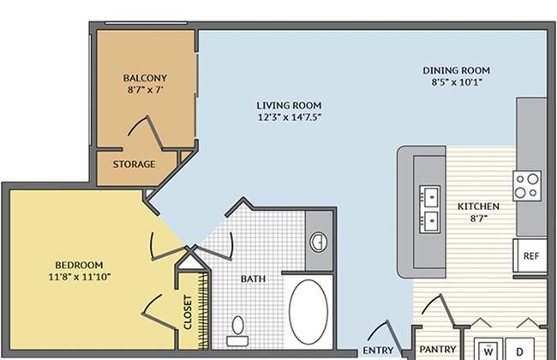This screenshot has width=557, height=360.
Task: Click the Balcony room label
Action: click(x=145, y=78)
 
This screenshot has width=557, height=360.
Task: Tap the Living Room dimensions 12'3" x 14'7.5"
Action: click(x=290, y=117)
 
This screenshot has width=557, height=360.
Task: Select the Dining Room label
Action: click(x=457, y=70)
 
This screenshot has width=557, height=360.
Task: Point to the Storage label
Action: click(x=134, y=165)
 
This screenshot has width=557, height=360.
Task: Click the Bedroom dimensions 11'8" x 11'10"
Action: click(x=80, y=277)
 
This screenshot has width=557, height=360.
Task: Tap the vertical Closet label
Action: click(x=188, y=312)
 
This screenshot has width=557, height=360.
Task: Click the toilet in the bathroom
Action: click(x=237, y=331)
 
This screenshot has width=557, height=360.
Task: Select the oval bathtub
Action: click(x=308, y=312)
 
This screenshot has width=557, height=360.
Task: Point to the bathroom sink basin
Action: click(x=319, y=243)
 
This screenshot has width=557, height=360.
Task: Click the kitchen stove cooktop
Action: click(x=527, y=185)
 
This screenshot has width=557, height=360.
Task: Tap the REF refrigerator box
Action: click(x=530, y=256)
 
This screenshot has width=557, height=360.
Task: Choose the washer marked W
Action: click(x=488, y=349)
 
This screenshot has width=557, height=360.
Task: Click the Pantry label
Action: click(x=438, y=350)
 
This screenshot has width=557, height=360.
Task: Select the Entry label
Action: click(x=378, y=351)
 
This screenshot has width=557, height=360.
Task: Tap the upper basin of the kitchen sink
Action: click(x=430, y=195)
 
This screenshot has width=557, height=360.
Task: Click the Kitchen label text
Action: click(x=478, y=206)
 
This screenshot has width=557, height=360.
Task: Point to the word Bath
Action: click(x=253, y=279)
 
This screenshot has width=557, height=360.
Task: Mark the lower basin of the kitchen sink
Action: click(x=430, y=221)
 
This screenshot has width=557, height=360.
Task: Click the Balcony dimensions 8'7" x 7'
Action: click(x=146, y=89)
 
